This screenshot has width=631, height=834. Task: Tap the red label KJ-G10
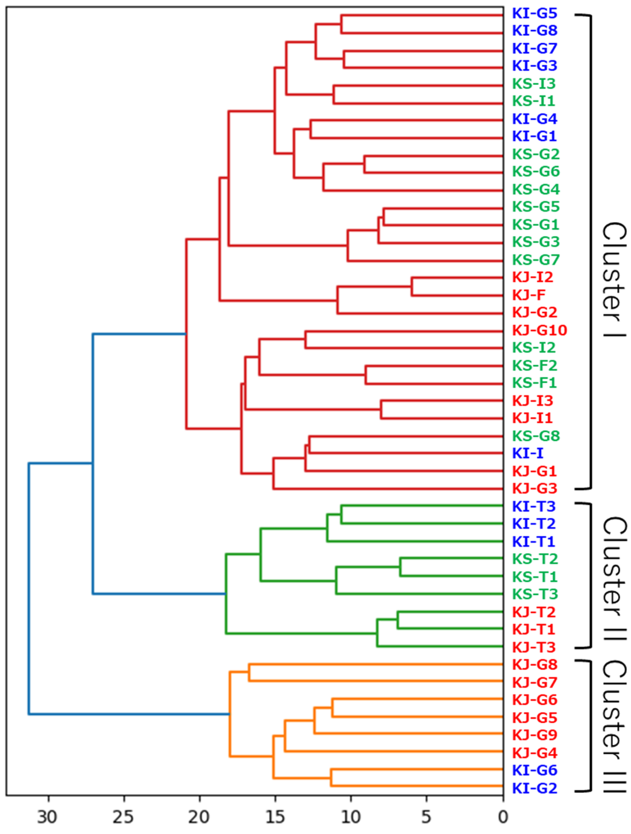[539, 330]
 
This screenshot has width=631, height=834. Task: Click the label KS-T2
[535, 559]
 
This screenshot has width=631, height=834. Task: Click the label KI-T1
[534, 541]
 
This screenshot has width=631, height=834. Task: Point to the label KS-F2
[534, 365]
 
